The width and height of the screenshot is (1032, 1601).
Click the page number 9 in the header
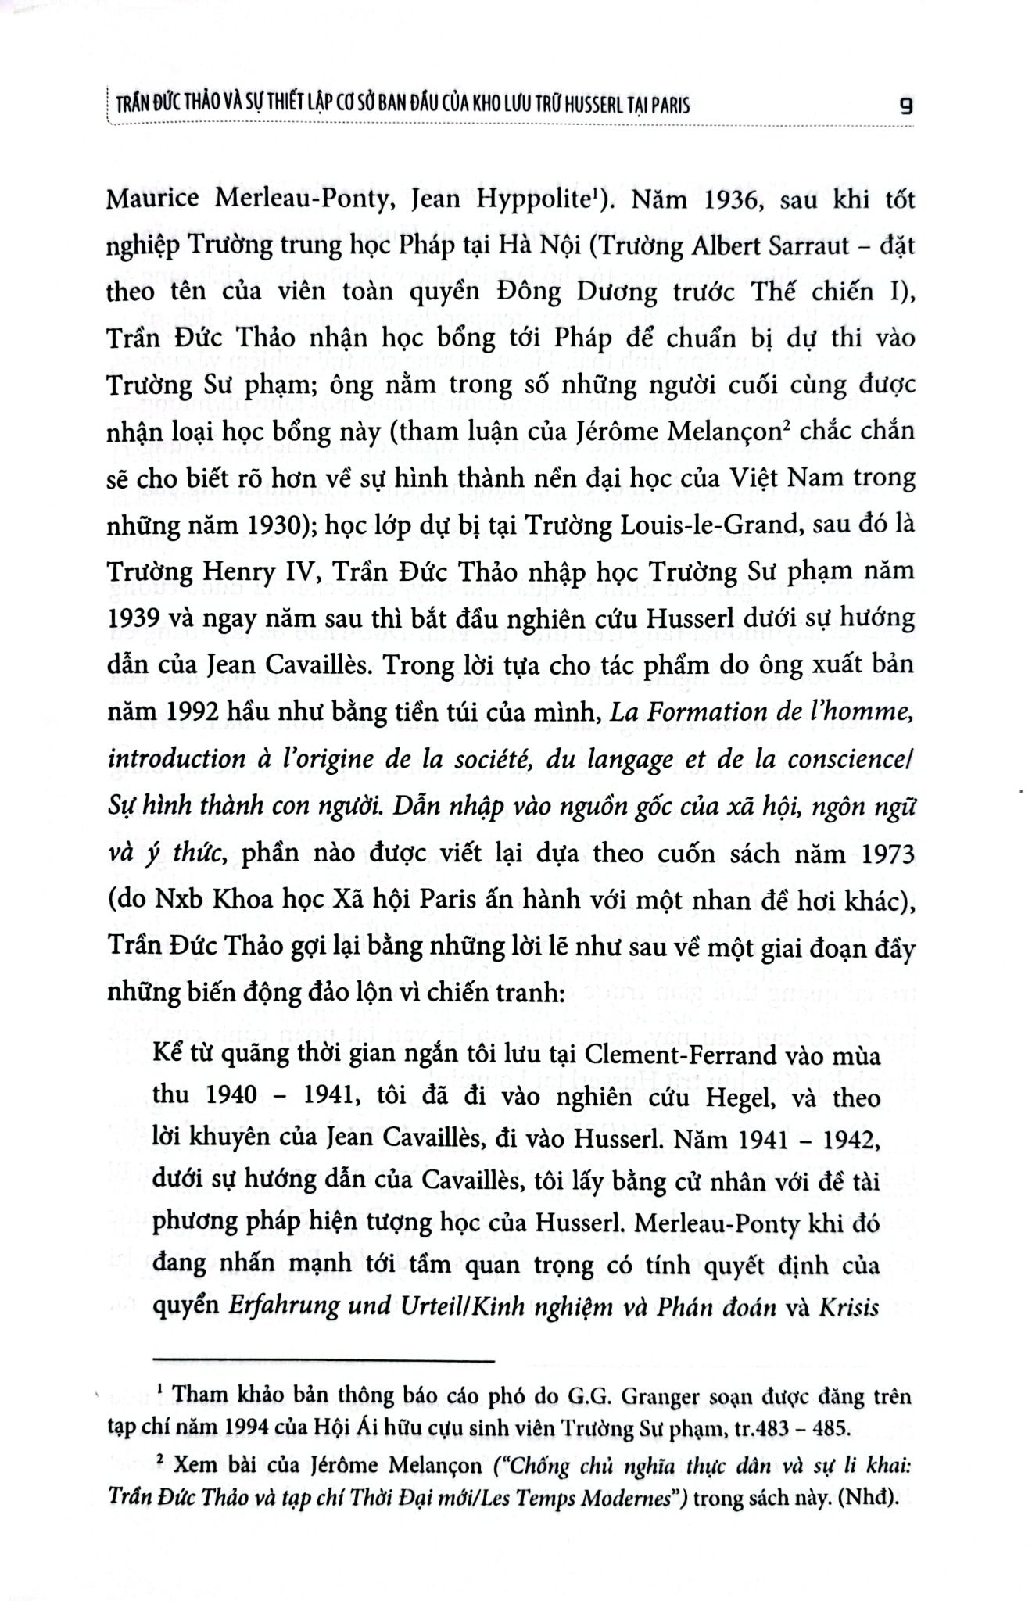coord(906,105)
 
